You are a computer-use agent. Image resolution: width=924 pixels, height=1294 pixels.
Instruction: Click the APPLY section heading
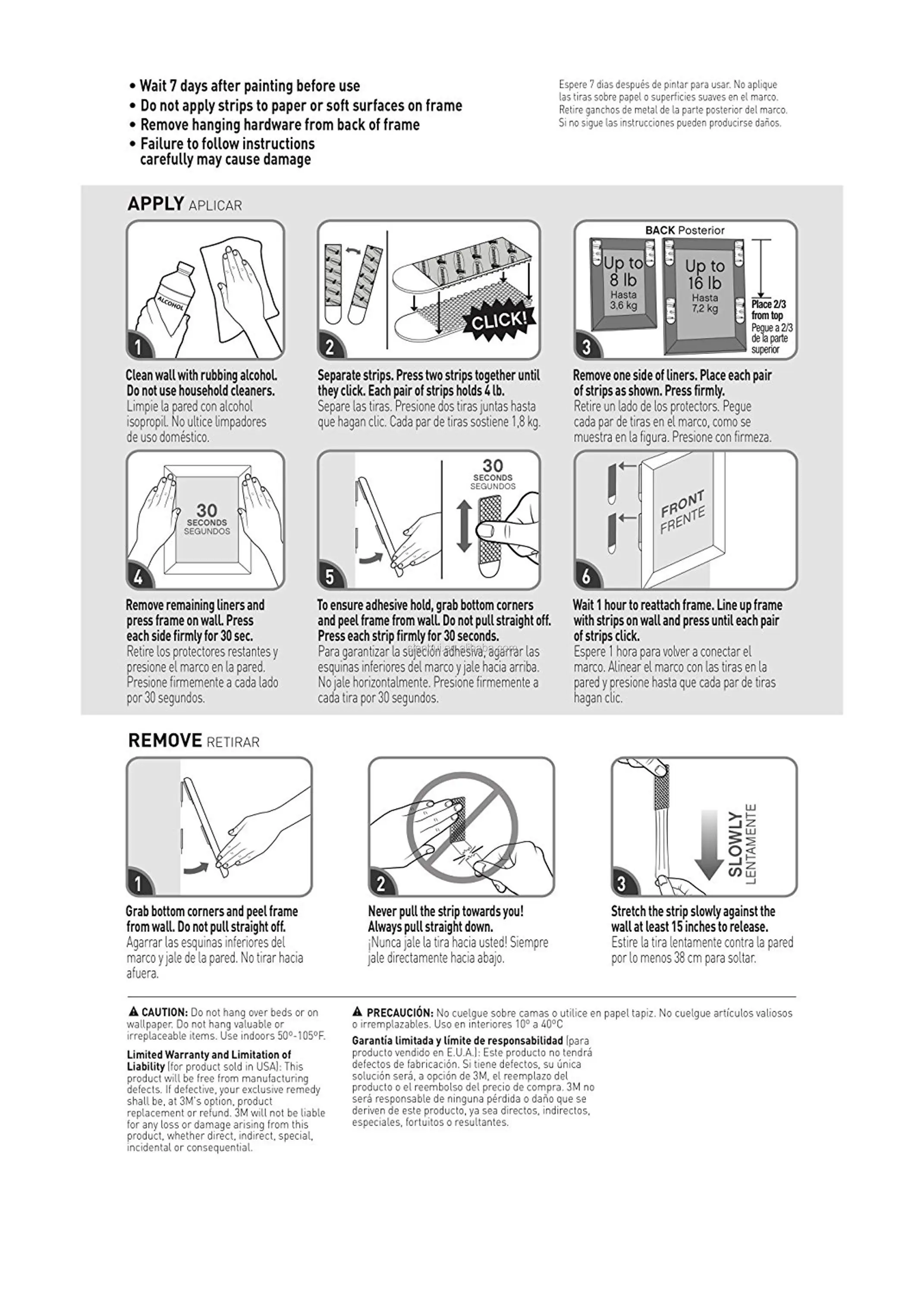(155, 204)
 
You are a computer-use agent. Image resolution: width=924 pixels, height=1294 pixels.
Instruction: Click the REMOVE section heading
(165, 741)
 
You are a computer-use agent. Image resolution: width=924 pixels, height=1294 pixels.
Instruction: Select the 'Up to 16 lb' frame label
(704, 274)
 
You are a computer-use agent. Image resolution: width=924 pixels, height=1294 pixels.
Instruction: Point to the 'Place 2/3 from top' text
(768, 310)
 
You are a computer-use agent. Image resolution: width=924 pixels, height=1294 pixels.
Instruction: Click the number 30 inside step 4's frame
(207, 510)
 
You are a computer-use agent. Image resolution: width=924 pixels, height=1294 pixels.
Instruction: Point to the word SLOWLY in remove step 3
(735, 844)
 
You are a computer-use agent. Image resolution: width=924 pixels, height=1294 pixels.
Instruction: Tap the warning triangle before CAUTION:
(134, 1011)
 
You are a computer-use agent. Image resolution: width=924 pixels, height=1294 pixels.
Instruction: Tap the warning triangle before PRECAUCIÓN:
(357, 1011)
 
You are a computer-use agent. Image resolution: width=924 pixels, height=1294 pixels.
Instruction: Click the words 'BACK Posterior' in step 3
(685, 230)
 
